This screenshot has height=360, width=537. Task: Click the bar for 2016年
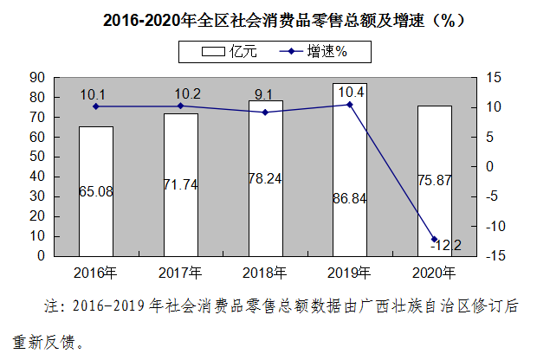(x=95, y=191)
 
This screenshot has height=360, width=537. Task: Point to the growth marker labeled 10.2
(x=180, y=106)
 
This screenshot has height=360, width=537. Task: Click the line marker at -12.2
(x=434, y=240)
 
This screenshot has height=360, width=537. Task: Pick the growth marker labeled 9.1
(x=265, y=112)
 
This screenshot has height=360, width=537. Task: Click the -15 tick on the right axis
(x=493, y=256)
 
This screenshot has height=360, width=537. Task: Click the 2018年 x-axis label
(x=265, y=273)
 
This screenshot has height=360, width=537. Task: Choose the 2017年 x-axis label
(x=180, y=273)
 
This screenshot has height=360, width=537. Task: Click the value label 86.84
(x=350, y=199)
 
